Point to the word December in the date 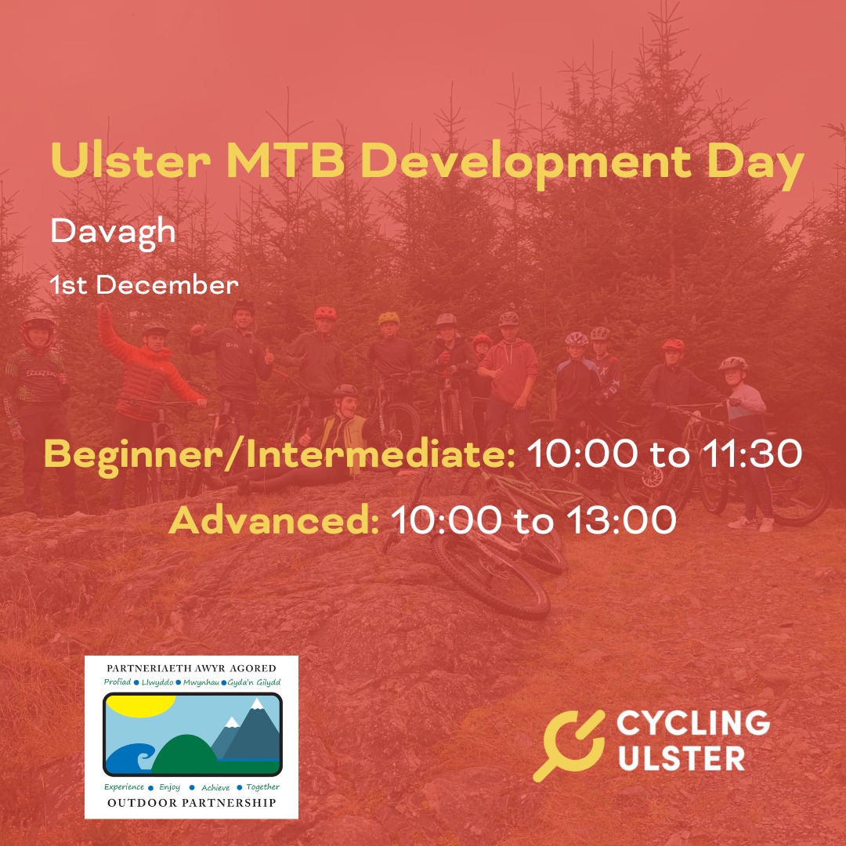coord(167,285)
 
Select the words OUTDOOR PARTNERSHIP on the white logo coord(192,803)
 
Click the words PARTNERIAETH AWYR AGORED coord(192,668)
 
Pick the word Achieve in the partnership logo coord(215,786)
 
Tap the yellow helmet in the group coord(389,318)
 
